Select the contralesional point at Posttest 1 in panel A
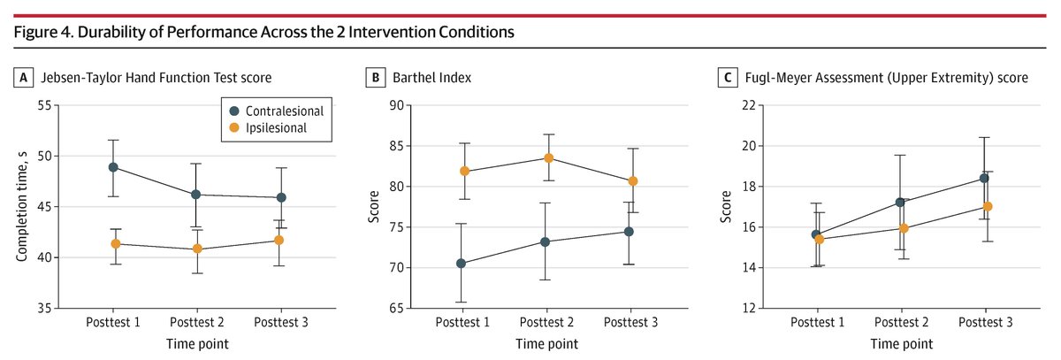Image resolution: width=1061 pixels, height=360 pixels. (x=114, y=167)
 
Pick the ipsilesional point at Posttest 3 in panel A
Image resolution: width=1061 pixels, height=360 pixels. (x=279, y=240)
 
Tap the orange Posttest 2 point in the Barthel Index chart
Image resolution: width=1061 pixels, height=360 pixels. (x=548, y=158)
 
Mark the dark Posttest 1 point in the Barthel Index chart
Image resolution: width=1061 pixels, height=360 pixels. (x=463, y=263)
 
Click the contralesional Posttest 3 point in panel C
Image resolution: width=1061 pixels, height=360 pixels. (x=983, y=178)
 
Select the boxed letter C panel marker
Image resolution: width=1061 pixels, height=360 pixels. (x=727, y=78)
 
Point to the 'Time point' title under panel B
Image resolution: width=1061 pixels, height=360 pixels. (x=547, y=343)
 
